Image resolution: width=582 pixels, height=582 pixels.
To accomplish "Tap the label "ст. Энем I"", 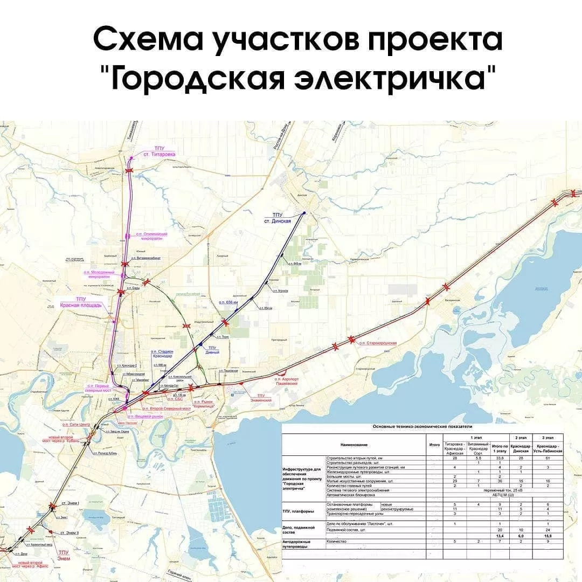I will (70, 503).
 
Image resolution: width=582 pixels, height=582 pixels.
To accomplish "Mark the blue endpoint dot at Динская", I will (304, 213).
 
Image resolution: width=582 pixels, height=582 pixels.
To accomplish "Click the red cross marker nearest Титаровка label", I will (129, 170).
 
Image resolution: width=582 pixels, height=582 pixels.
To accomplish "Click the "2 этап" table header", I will (521, 437).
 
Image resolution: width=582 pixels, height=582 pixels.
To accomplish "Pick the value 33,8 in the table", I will (500, 458).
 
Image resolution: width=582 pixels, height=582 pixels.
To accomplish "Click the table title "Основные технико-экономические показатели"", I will (422, 426).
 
